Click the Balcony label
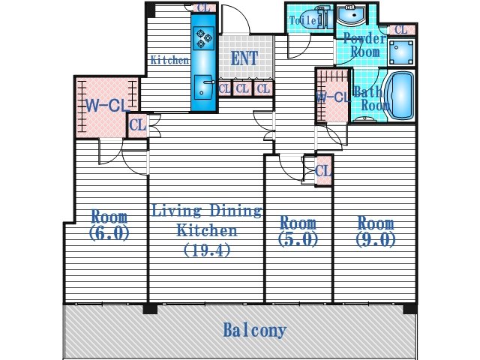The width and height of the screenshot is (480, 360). pos(255,330)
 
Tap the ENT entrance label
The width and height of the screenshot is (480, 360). pos(244,58)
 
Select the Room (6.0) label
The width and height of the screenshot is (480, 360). pos(109,225)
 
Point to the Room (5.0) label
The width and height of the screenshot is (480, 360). pos(298,231)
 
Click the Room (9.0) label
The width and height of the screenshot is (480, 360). pos(376,231)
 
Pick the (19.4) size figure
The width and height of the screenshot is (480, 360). pos(207,251)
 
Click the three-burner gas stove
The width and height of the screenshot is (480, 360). pos(204,38)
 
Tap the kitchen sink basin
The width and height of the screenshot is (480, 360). pos(204,87)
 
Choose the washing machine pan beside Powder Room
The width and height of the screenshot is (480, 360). pos(401,52)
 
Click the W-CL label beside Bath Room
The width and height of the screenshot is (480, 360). pos(332,97)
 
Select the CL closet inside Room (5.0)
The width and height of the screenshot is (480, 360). pos(323,171)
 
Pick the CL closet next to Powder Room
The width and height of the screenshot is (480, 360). pos(401,30)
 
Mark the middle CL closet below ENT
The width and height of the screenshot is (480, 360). pos(242,88)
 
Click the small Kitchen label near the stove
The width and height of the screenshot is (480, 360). pos(170,60)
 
